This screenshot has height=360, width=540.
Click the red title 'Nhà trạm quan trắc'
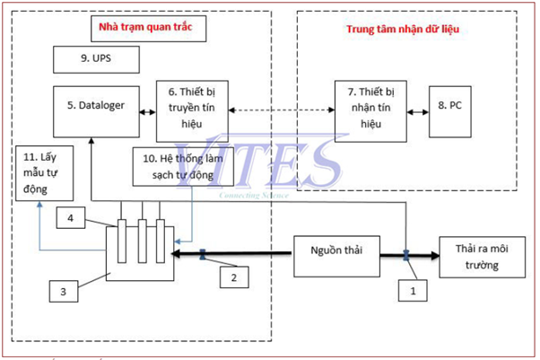pyautogui.click(x=146, y=28)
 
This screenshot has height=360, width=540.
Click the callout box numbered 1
pyautogui.click(x=413, y=290)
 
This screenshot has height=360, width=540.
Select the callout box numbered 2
pyautogui.click(x=233, y=279)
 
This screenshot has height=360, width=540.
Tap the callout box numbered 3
pyautogui.click(x=62, y=291)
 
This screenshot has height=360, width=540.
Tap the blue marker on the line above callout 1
pyautogui.click(x=406, y=254)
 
